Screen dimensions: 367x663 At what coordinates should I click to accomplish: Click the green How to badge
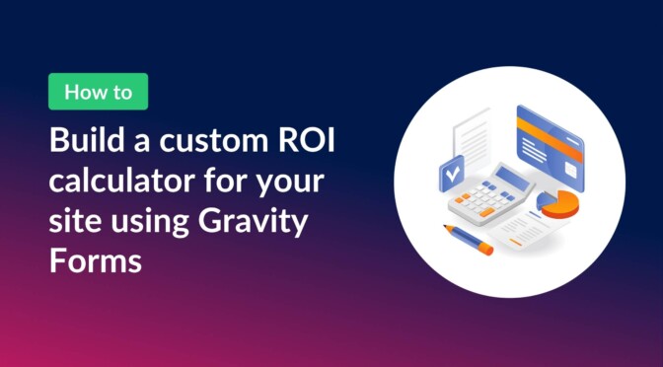pyautogui.click(x=98, y=92)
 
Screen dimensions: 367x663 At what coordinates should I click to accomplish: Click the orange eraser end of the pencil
pyautogui.click(x=486, y=251)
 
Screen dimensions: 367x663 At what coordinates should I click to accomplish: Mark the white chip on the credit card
pyautogui.click(x=530, y=143)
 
